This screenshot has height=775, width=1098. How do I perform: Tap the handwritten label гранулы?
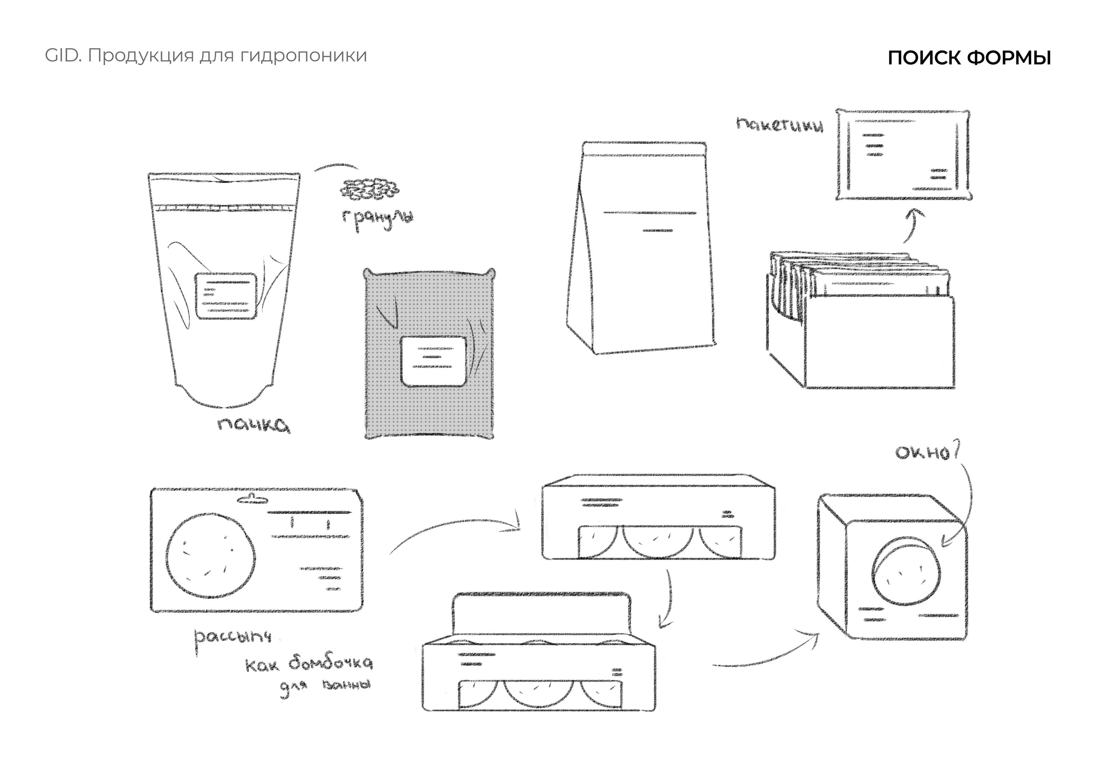[377, 219]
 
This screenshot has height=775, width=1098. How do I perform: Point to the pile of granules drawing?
[369, 189]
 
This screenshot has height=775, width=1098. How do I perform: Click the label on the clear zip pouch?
[226, 295]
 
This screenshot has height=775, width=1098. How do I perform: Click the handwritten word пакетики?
[780, 125]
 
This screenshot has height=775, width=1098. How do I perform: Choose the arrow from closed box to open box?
[668, 599]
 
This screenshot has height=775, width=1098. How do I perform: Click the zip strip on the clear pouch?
[225, 208]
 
